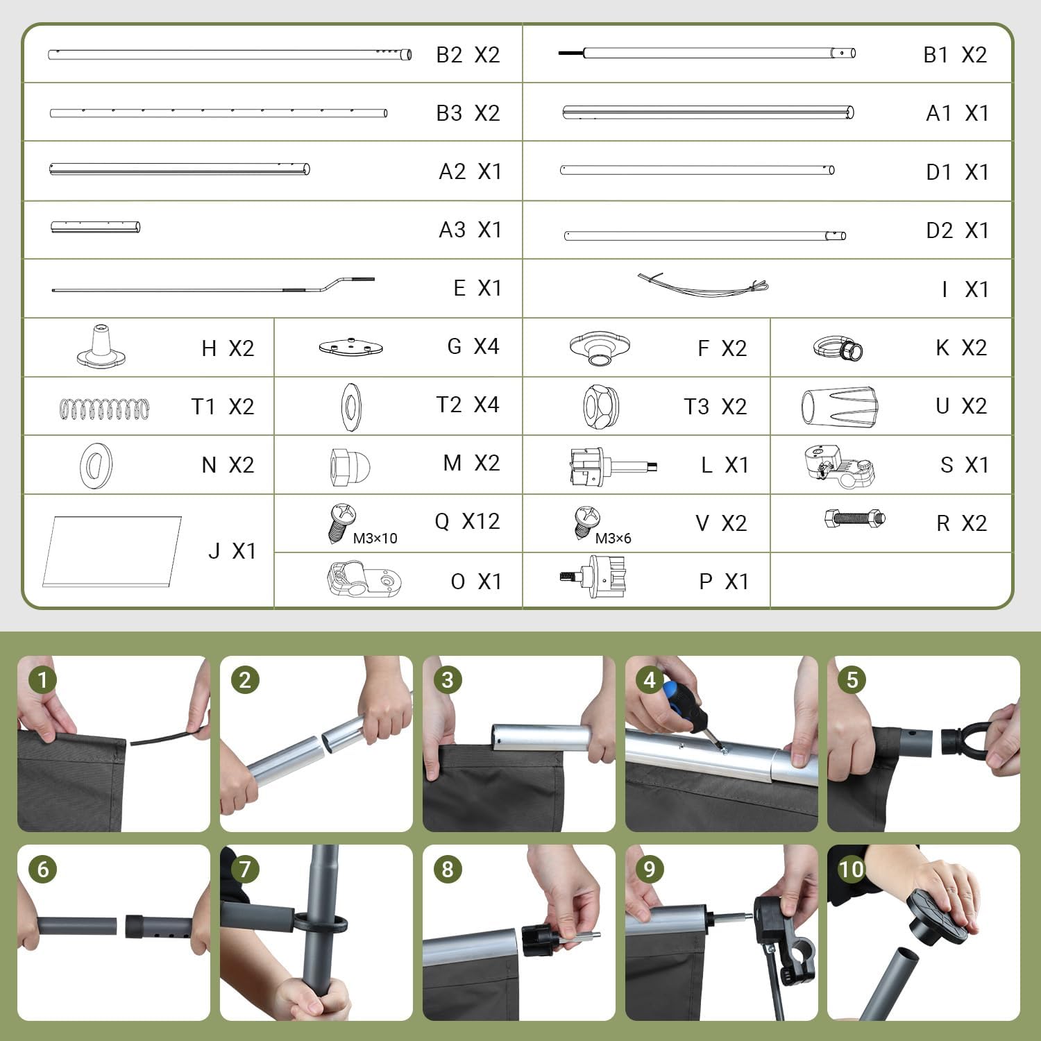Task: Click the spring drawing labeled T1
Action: (x=104, y=409)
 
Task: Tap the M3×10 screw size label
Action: (x=375, y=538)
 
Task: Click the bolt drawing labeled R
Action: (x=855, y=518)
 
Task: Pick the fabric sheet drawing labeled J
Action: (x=112, y=551)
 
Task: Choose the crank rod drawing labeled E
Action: (x=214, y=286)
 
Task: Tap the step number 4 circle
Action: (x=650, y=679)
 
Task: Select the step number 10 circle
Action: (x=851, y=869)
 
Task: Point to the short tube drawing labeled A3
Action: (x=96, y=227)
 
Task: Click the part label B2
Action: (x=449, y=55)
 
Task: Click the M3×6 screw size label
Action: (x=613, y=538)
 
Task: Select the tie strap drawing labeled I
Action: (x=703, y=285)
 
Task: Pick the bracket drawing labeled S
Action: (x=839, y=466)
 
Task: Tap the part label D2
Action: (x=940, y=230)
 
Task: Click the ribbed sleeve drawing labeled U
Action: (x=840, y=405)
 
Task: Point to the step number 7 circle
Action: (x=244, y=869)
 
